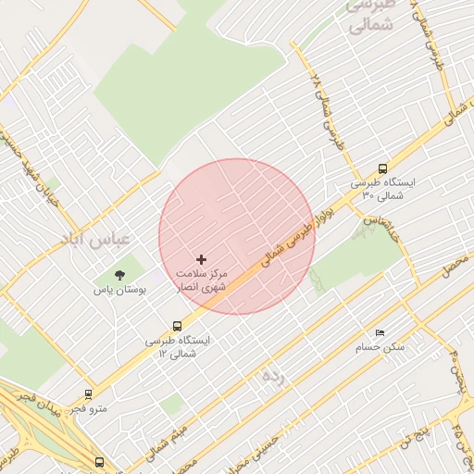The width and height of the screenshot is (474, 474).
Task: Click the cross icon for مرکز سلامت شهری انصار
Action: [202, 259]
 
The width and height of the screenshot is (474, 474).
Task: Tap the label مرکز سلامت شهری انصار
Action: [202, 281]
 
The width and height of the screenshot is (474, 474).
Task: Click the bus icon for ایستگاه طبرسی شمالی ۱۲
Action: [177, 326]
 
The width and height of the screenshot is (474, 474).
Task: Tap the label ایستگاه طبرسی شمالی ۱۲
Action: [178, 346]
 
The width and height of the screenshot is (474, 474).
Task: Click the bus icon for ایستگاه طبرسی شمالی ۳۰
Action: [382, 168]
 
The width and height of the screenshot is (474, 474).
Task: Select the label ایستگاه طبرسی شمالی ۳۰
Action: [383, 189]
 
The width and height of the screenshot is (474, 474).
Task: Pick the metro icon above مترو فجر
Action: [88, 393]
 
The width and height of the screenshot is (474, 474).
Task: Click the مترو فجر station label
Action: [89, 408]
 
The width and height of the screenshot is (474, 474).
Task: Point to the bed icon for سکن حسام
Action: [380, 332]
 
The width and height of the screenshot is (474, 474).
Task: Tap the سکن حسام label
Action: [380, 347]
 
